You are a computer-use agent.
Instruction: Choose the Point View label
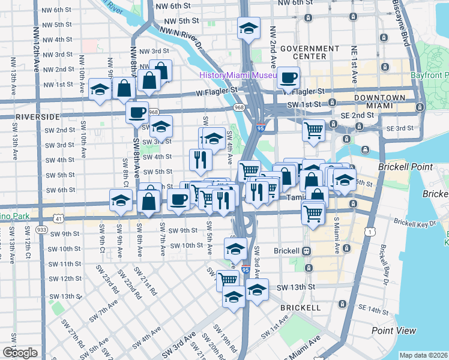click(394, 331)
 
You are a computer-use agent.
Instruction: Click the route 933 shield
click(41, 230)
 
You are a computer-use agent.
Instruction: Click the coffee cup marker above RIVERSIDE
click(137, 112)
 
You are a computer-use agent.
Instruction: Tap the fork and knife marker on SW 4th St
click(200, 159)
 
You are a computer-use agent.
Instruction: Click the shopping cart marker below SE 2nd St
click(313, 129)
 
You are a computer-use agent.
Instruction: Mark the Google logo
click(20, 353)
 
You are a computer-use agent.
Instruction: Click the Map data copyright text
click(424, 355)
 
